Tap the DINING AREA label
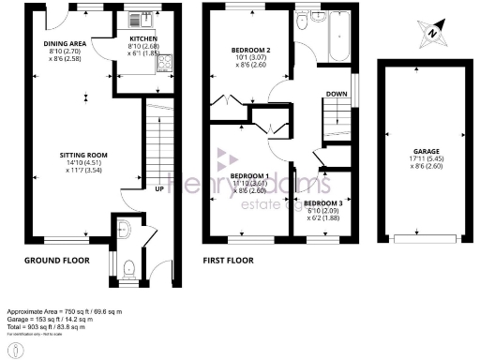[65, 43]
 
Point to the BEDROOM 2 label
[251, 49]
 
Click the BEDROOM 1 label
[250, 176]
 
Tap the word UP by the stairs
[159, 187]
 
